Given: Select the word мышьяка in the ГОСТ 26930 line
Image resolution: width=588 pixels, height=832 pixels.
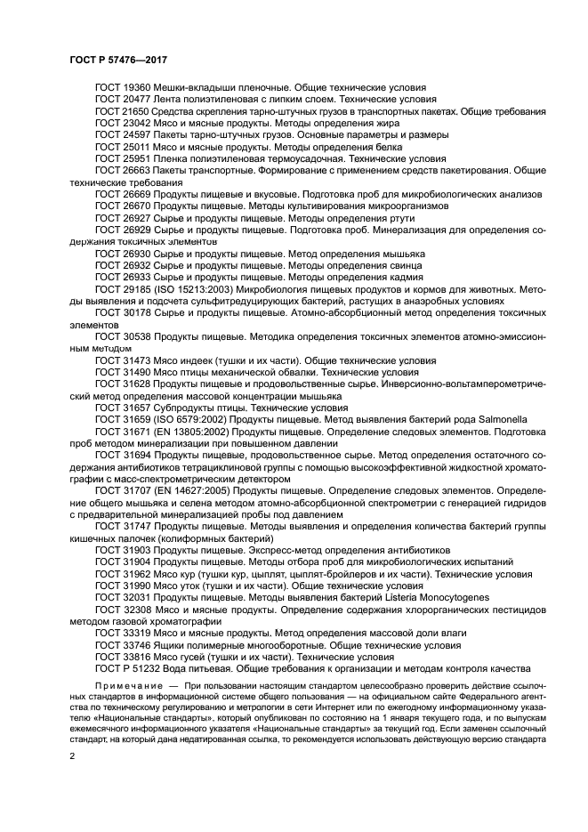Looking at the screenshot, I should click(402, 254).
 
